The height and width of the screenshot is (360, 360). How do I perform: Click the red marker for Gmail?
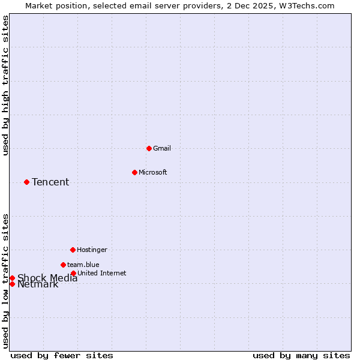point(149,148)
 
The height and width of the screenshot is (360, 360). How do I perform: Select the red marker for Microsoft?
point(134,172)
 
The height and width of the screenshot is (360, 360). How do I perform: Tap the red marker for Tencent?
point(26,182)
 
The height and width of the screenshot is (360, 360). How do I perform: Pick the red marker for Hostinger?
point(73,250)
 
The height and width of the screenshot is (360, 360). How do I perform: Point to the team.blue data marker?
point(63,265)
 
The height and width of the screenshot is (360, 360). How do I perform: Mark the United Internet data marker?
point(73,273)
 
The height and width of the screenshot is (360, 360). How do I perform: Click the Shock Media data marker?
point(12,278)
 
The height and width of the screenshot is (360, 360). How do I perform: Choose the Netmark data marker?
point(12,284)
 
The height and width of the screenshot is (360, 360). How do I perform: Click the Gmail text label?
point(162,148)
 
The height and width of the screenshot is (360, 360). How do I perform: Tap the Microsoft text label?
point(152,172)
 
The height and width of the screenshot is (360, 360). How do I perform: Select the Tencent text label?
point(50,182)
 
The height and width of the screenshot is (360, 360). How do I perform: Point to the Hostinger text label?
point(92,250)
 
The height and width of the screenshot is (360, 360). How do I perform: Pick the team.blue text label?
point(83,265)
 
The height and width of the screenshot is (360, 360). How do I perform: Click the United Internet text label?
point(101,273)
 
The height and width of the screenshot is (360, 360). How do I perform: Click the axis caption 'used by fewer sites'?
point(62,355)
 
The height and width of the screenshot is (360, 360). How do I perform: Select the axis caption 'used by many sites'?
point(301,355)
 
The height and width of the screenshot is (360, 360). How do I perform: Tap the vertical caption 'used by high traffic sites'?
point(6,85)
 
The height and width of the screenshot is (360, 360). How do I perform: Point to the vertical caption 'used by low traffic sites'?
point(6,280)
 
